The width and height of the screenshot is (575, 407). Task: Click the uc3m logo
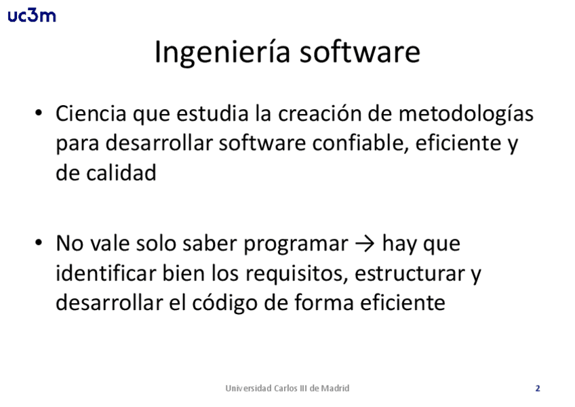click(x=32, y=16)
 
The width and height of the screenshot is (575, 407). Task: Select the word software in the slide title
click(x=360, y=52)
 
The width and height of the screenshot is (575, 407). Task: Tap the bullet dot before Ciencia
click(x=39, y=113)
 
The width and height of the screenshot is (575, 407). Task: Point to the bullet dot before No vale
click(x=39, y=243)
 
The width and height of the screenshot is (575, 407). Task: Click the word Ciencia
click(x=91, y=113)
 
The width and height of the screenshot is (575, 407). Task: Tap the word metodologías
click(x=466, y=114)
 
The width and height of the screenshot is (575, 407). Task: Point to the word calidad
click(x=121, y=172)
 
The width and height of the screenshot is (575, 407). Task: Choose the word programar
click(x=296, y=244)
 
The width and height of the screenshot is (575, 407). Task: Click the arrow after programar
click(x=365, y=244)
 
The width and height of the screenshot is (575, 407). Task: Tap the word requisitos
click(x=296, y=274)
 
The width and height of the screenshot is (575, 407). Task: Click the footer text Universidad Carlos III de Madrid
click(x=287, y=388)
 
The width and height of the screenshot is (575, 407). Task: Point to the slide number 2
click(x=538, y=388)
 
